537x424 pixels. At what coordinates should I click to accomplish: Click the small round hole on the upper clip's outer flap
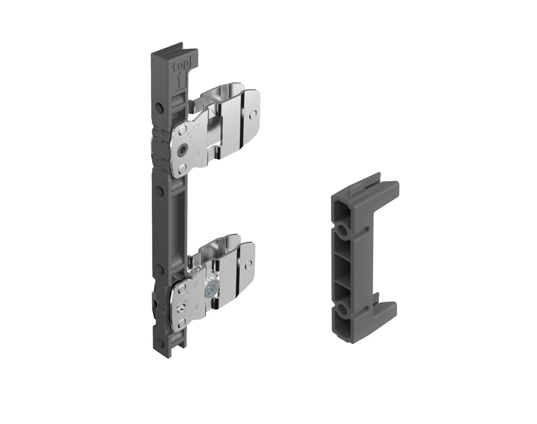[254, 113]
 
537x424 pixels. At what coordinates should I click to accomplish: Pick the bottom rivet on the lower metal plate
[182, 323]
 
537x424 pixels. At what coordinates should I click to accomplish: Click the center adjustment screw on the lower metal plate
[183, 306]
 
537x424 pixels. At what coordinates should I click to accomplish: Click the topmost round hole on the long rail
[159, 108]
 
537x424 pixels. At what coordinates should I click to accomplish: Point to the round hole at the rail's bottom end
[159, 343]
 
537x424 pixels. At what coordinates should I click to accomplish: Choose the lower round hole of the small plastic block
[342, 312]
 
